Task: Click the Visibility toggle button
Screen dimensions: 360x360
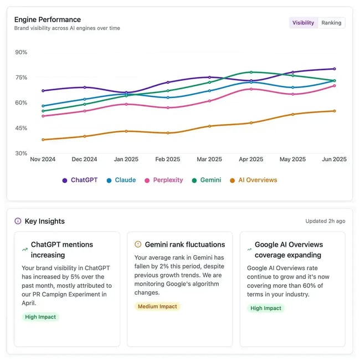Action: click(x=303, y=23)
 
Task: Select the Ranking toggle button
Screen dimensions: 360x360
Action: click(x=331, y=23)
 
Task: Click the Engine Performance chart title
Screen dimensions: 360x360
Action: click(x=48, y=19)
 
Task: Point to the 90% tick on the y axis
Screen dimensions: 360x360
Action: click(x=21, y=52)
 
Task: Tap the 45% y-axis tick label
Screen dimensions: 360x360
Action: click(x=21, y=128)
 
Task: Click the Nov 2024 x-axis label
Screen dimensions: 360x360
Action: click(x=43, y=160)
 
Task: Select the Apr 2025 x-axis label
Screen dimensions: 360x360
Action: click(x=251, y=160)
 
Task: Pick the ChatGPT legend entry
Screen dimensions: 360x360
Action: click(x=80, y=180)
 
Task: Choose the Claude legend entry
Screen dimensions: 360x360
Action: click(x=121, y=180)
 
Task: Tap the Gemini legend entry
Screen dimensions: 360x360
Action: click(x=206, y=180)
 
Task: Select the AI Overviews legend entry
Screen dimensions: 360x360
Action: click(x=253, y=180)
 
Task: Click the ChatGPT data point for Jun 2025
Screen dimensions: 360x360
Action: click(x=334, y=69)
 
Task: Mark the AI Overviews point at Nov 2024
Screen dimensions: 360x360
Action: click(x=43, y=140)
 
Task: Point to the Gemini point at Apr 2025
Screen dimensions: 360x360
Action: click(x=251, y=72)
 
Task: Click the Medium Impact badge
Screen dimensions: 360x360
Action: click(x=157, y=306)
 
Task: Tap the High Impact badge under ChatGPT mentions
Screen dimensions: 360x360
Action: click(x=40, y=317)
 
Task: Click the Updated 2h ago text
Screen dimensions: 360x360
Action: click(x=325, y=221)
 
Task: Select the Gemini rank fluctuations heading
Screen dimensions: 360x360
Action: click(x=184, y=244)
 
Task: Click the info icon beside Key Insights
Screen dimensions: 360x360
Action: click(x=18, y=221)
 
